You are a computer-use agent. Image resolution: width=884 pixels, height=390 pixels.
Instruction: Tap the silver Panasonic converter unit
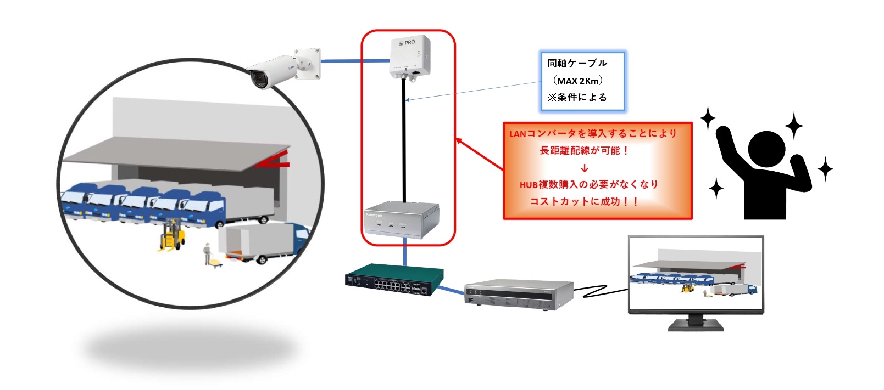pos(402,219)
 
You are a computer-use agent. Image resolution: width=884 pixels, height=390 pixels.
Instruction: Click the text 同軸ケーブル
pos(577,64)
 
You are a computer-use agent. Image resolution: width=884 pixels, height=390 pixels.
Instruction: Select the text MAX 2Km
pos(578,81)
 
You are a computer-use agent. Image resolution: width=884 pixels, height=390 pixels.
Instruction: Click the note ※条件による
pos(577,98)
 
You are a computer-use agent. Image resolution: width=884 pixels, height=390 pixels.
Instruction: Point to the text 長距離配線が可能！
pos(584,150)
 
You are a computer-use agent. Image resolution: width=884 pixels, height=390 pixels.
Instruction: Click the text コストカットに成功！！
pos(584,201)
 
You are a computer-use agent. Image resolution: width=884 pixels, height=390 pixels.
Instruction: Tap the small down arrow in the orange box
pos(584,168)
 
